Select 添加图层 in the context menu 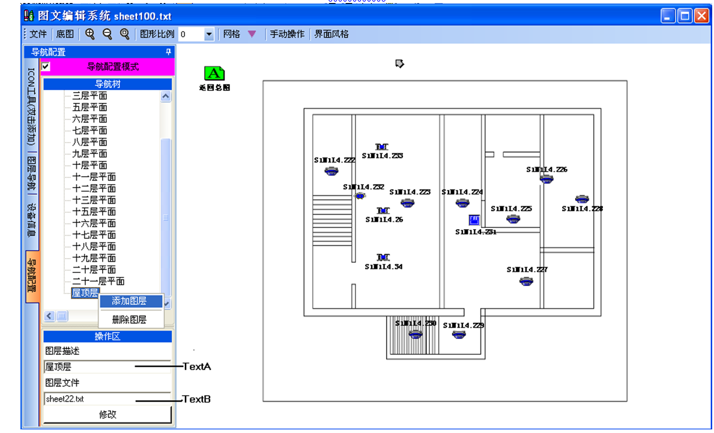click(x=129, y=301)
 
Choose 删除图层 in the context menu click(x=129, y=319)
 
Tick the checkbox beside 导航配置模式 click(x=46, y=66)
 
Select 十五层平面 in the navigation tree click(x=94, y=212)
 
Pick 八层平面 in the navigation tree click(x=89, y=142)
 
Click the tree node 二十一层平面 click(x=98, y=281)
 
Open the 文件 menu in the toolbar click(x=38, y=34)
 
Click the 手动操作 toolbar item click(x=287, y=34)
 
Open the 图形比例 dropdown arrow click(x=209, y=34)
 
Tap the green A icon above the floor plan click(x=214, y=73)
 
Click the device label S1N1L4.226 click(x=546, y=170)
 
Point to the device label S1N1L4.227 click(x=527, y=270)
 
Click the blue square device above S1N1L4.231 click(x=474, y=220)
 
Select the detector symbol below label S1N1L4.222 click(x=330, y=171)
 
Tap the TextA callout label click(x=196, y=366)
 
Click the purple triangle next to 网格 click(x=252, y=34)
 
